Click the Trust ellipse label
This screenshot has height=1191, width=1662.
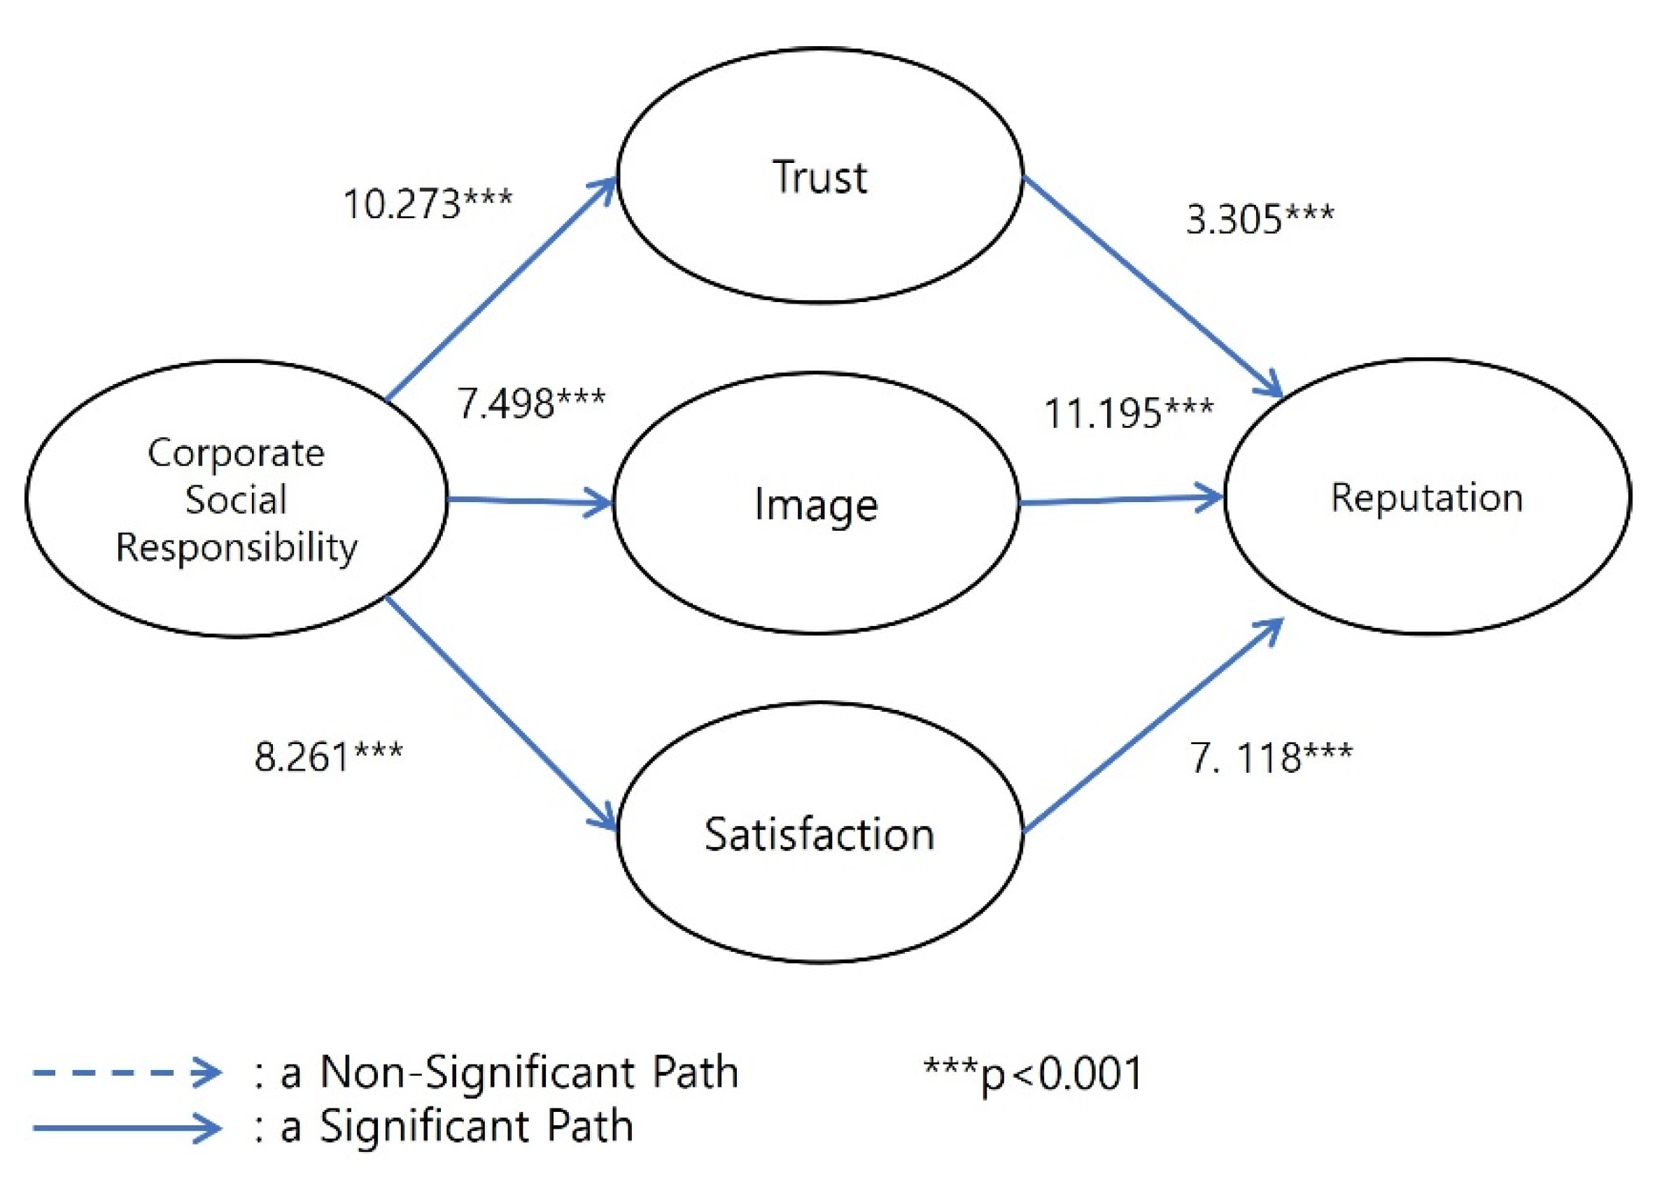coord(819,177)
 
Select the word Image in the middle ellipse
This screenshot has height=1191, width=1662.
coord(816,505)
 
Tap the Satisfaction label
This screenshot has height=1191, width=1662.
coord(819,834)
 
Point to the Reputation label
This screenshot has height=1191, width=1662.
coord(1426,497)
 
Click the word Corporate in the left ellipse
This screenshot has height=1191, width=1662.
coord(236,452)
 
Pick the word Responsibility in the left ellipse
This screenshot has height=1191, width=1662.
coord(236,547)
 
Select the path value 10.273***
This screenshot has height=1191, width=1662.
coord(428,203)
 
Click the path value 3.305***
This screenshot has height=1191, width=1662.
coord(1260,218)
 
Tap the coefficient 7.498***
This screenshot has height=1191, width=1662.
coord(530,402)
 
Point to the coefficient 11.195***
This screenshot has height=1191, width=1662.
coord(1128,413)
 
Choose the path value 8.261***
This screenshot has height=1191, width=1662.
coord(328,756)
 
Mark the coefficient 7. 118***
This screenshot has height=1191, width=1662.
coord(1270,757)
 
